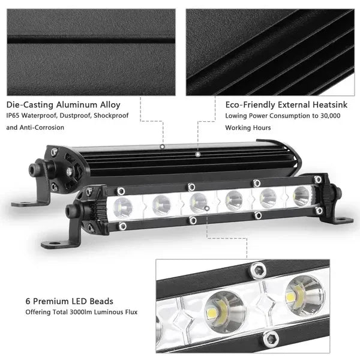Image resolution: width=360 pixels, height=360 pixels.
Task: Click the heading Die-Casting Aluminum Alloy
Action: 64,104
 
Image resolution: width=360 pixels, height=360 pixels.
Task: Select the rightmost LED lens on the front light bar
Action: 301,196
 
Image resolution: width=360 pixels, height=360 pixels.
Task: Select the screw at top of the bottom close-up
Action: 259,273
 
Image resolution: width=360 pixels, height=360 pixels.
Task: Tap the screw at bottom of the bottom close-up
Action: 271,339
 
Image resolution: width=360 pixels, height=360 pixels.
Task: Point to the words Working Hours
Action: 248,127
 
